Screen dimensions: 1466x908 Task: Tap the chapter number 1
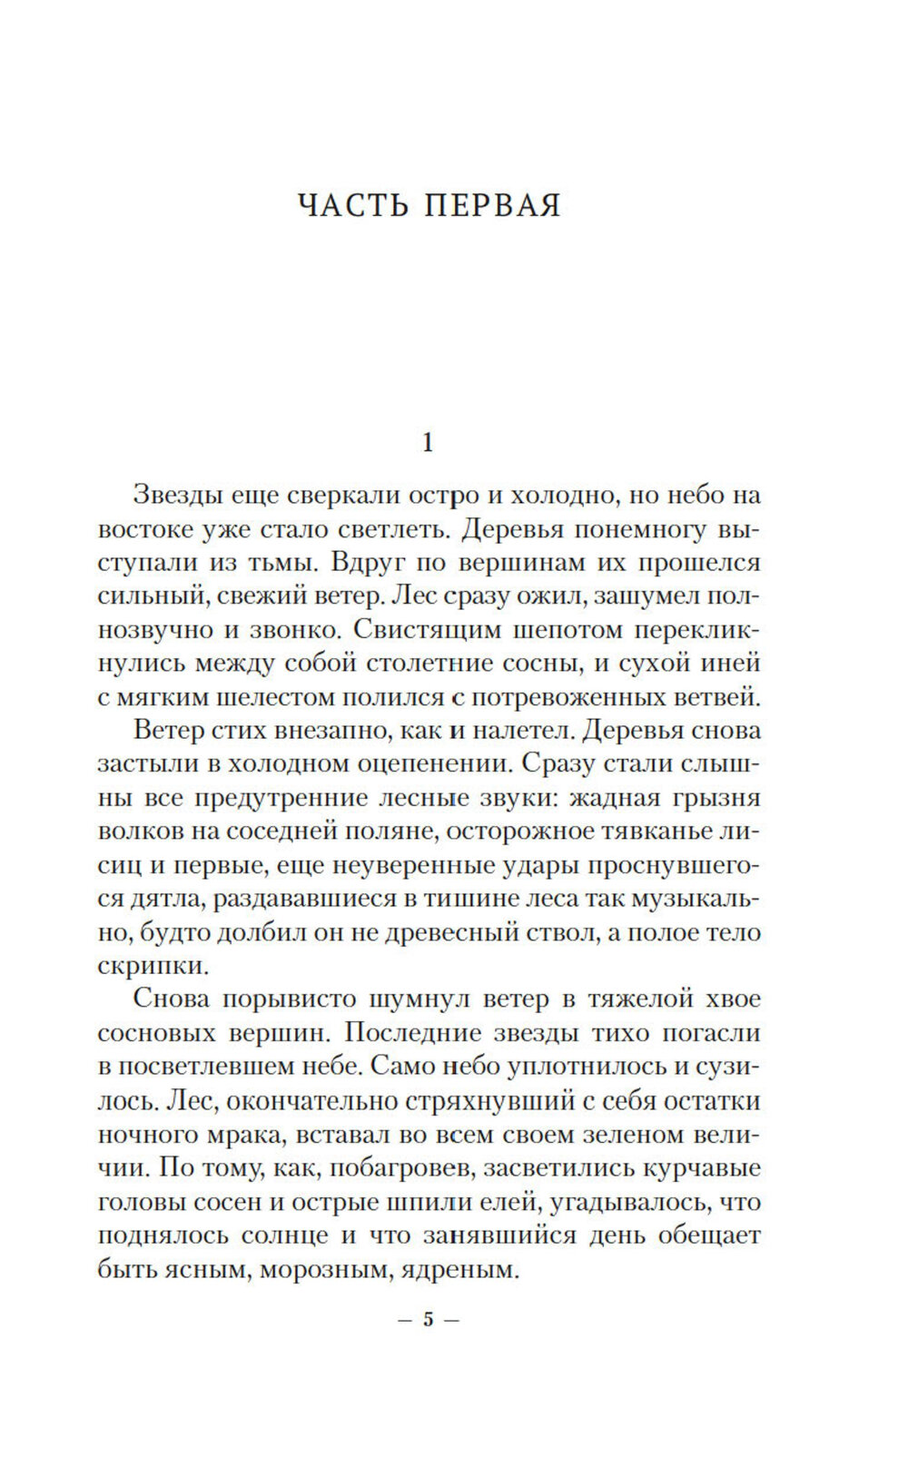tap(429, 444)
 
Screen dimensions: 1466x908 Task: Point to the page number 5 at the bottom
tap(429, 1319)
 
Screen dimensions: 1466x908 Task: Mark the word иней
tap(732, 664)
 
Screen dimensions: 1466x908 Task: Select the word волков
tap(137, 831)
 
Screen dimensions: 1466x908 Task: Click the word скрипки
tap(145, 966)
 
